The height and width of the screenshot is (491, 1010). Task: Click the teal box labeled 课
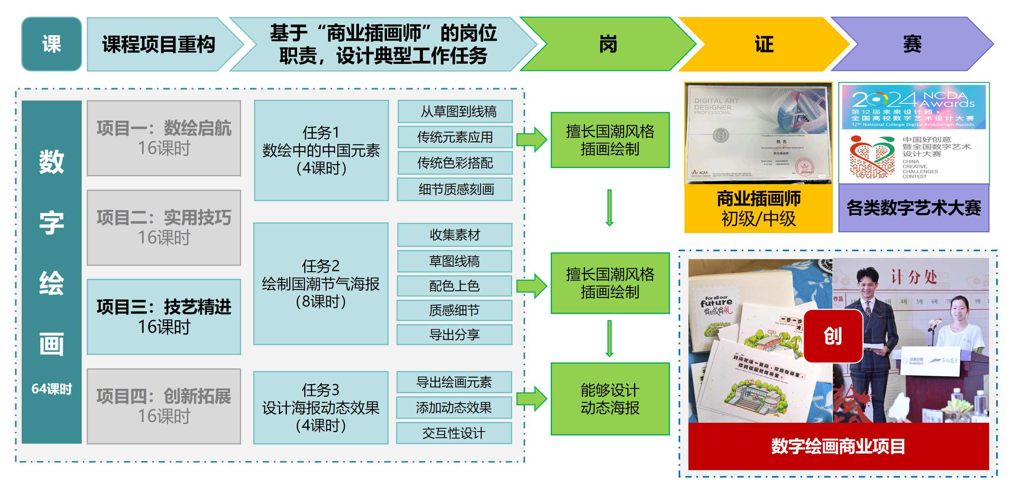(51, 44)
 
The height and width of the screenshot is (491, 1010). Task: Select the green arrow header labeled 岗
(608, 44)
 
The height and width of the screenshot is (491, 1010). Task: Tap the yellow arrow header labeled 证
(764, 44)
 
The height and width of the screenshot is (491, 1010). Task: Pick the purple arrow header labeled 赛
(912, 44)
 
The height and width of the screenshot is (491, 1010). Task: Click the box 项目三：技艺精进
(164, 317)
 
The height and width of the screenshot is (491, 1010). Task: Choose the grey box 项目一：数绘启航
(164, 138)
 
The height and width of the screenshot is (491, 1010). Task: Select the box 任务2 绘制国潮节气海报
(321, 284)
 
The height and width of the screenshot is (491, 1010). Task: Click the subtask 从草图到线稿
(455, 112)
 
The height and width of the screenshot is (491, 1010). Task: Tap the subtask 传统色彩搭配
(455, 163)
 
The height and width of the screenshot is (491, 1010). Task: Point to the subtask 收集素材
(454, 235)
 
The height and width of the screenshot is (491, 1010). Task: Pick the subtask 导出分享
(454, 335)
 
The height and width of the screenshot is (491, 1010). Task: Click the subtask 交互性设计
(454, 433)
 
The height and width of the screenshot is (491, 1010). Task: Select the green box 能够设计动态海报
(610, 399)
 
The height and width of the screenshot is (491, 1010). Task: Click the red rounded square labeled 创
(833, 336)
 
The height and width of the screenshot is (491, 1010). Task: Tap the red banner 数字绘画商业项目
(838, 446)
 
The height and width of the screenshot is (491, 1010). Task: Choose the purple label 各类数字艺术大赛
(913, 208)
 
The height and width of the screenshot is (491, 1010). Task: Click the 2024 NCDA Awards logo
(913, 107)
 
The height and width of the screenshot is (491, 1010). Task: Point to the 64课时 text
(52, 389)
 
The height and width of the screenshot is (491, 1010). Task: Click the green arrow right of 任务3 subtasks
(531, 398)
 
